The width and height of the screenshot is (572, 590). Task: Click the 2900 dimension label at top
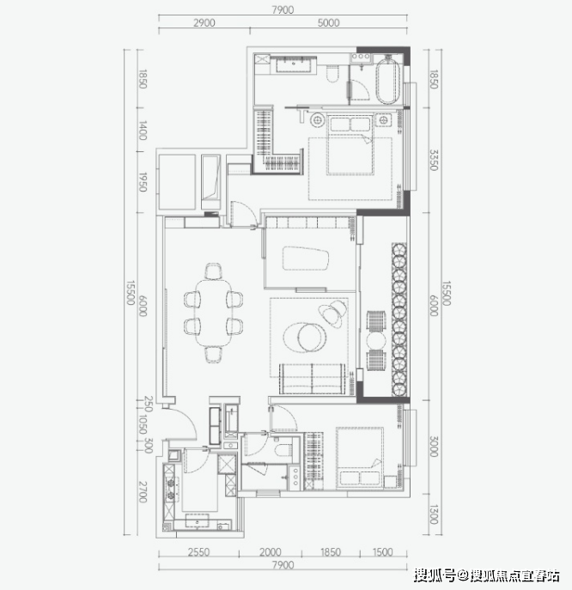[x=204, y=22]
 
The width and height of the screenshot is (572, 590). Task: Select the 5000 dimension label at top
[x=328, y=22]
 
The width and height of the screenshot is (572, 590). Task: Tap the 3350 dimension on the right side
[x=434, y=160]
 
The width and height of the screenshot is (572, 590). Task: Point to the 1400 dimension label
[x=143, y=131]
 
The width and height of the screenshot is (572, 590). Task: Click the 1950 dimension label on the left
[x=143, y=182]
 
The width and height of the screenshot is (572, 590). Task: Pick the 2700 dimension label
[x=143, y=491]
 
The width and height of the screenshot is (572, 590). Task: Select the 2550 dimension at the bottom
[x=198, y=552]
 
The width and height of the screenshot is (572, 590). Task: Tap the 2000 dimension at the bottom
[x=271, y=552]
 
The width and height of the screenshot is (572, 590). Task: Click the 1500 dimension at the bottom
[x=382, y=552]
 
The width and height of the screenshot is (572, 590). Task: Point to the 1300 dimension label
[x=434, y=514]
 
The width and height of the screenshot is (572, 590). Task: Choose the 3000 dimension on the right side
[x=434, y=447]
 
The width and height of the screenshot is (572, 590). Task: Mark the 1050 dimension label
[x=143, y=424]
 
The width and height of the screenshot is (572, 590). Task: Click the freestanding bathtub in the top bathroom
[x=387, y=81]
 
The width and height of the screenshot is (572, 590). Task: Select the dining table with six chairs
[x=213, y=313]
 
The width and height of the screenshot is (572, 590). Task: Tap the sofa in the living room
[x=312, y=379]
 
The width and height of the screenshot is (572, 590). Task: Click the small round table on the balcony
[x=376, y=341]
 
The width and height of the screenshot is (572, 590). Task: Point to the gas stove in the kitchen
[x=170, y=490]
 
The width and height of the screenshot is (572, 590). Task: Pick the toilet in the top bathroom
[x=332, y=74]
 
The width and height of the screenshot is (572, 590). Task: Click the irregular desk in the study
[x=306, y=259]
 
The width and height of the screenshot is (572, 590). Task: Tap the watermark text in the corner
[x=487, y=575]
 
